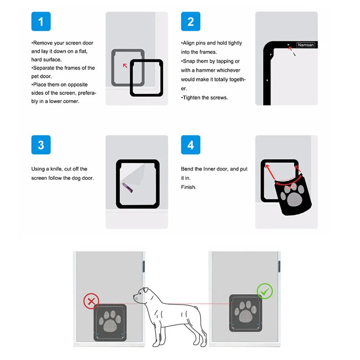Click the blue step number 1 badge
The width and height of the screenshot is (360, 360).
point(41,21)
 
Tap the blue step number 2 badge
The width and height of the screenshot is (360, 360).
point(190,21)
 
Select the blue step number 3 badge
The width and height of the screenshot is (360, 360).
point(41,145)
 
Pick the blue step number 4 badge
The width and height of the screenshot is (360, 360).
point(190,145)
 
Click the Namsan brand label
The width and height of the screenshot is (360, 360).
point(306,45)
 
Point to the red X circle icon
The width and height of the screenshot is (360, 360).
point(91,301)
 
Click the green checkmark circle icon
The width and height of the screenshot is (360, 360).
point(265,291)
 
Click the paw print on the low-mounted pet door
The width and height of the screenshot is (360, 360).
point(110,321)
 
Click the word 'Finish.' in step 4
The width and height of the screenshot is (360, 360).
point(189,187)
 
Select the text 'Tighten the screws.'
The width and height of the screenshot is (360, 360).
point(204,98)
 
